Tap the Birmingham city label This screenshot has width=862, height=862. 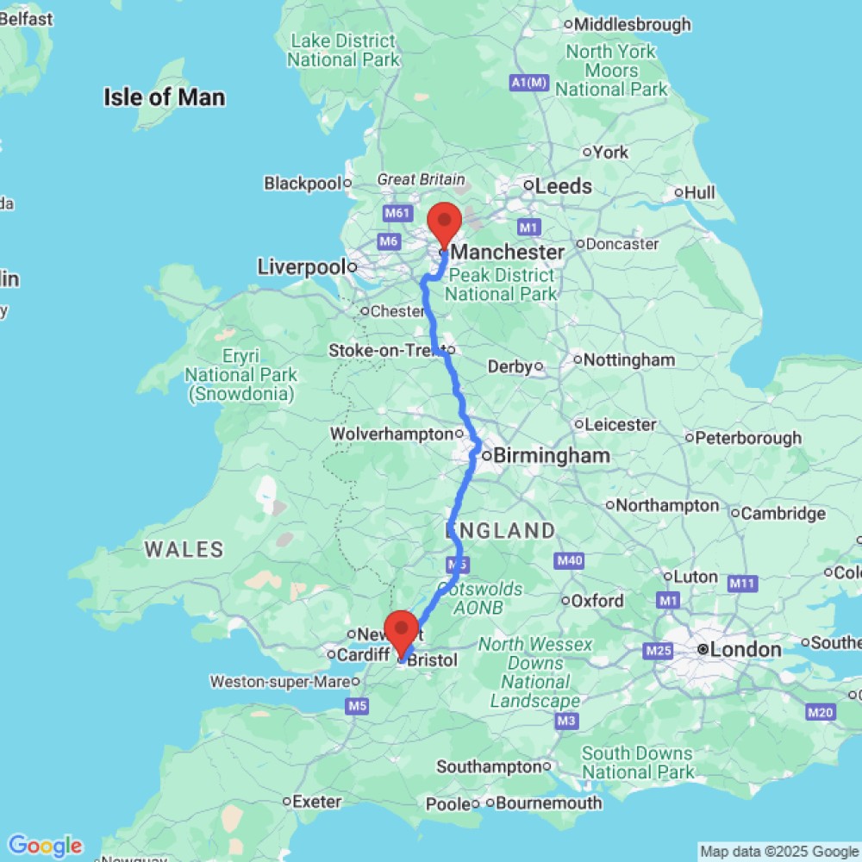click(552, 455)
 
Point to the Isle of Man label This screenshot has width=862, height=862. click(165, 97)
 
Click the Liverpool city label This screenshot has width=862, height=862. click(301, 267)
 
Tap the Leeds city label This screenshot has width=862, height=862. click(564, 186)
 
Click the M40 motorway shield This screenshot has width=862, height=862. click(570, 561)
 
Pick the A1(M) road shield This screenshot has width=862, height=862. click(529, 83)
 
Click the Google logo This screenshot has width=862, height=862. click(45, 846)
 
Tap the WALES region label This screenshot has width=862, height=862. click(184, 549)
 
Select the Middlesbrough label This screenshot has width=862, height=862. click(634, 24)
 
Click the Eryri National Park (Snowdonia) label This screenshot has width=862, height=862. click(240, 375)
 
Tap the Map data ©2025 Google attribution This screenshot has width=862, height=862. click(779, 852)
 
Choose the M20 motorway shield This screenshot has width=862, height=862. click(821, 712)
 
